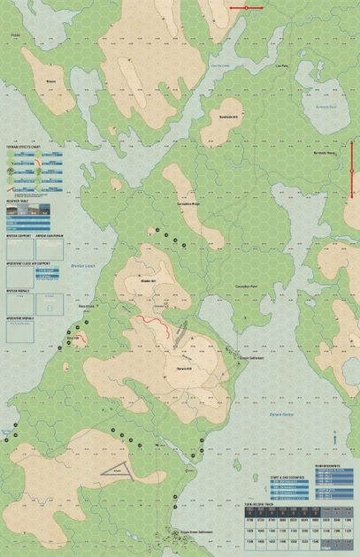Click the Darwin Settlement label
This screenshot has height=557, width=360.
tap(231, 358)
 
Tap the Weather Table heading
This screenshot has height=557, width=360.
tap(19, 199)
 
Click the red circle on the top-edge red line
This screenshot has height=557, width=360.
tap(246, 8)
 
